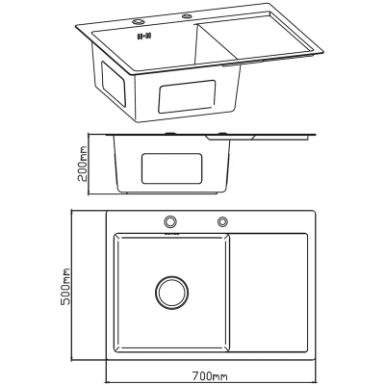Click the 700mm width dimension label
[210, 375]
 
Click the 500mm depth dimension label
[65, 287]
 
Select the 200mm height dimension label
[83, 164]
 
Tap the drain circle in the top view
[172, 293]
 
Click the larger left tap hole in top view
[170, 221]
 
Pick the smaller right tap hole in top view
[222, 221]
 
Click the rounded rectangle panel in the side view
[172, 168]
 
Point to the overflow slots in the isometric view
[144, 36]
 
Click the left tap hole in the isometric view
[139, 22]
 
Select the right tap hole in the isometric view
[187, 15]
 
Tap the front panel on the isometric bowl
[187, 96]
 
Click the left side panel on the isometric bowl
[113, 83]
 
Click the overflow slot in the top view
[171, 234]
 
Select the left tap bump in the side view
[169, 133]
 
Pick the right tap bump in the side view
[221, 133]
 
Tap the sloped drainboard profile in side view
[230, 138]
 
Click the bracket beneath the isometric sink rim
[243, 64]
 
